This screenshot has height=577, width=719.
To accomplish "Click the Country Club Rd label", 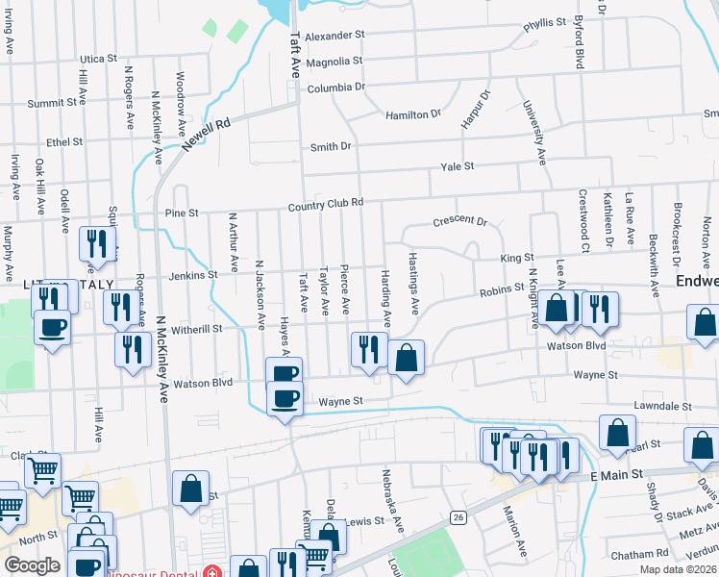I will click(x=326, y=204).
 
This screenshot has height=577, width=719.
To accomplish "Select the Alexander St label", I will click(x=335, y=35).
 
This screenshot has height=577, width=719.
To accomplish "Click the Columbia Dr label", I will click(x=336, y=88).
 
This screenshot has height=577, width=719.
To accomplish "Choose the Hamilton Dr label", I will click(x=412, y=114).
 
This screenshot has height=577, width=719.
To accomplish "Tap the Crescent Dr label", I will click(x=460, y=220).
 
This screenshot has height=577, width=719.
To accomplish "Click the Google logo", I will click(x=32, y=565).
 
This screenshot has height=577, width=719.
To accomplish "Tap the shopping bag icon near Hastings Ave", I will click(x=407, y=358).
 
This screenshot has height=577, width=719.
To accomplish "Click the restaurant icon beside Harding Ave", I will click(x=368, y=348).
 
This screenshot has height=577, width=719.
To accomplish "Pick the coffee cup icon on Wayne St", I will click(x=285, y=397).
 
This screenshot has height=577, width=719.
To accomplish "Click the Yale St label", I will click(x=458, y=166).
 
